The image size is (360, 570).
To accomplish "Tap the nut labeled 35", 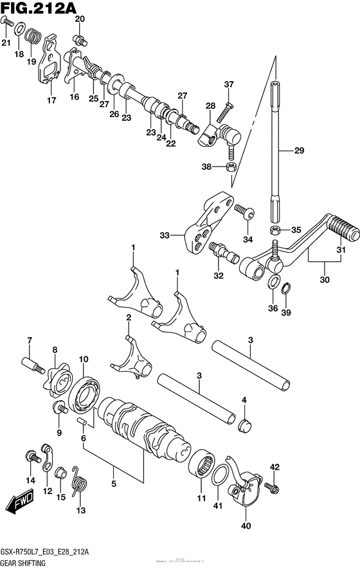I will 274,230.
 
